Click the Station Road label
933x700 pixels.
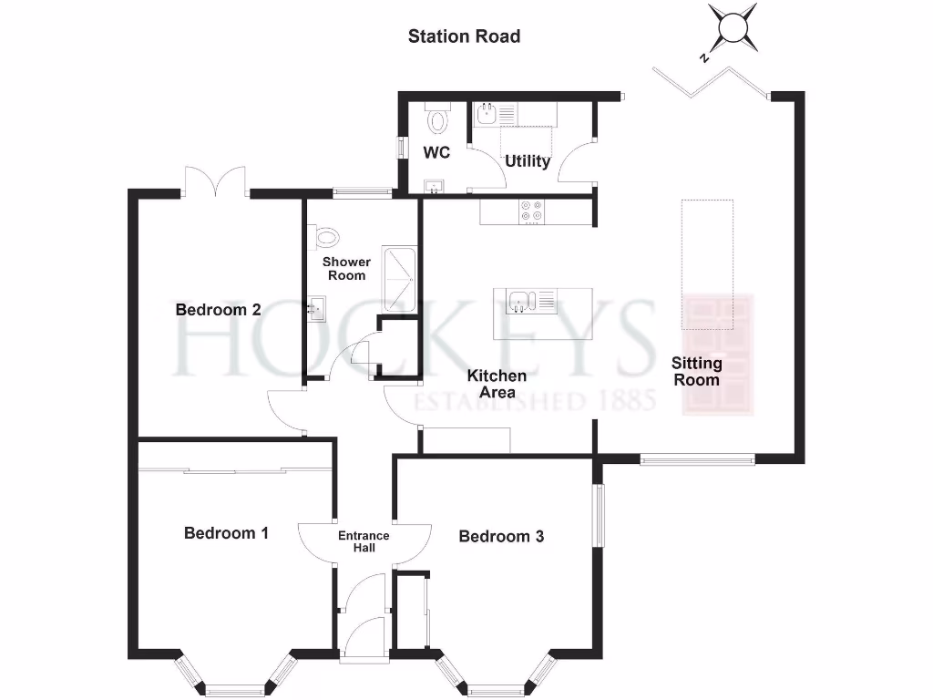point(464,36)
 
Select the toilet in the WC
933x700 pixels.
point(438,119)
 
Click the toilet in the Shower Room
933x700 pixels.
point(325,238)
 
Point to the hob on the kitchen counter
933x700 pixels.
point(533,211)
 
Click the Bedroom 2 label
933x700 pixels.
point(219,310)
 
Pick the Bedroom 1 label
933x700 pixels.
point(226,533)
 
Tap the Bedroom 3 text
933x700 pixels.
point(501,537)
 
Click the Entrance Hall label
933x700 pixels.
point(364,541)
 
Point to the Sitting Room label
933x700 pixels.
point(697,372)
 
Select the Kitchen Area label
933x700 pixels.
point(497,384)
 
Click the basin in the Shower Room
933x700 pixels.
point(316,308)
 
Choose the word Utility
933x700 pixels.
point(528,161)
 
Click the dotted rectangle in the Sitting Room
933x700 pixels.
point(707,264)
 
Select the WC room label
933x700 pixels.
point(436,153)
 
